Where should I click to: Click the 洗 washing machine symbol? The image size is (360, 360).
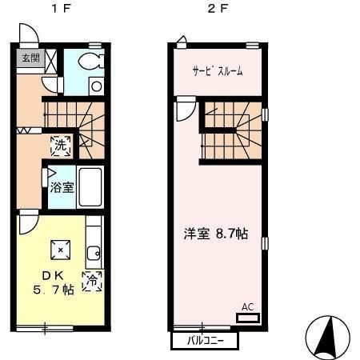click(61, 146)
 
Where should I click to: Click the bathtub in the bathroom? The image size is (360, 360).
click(90, 189)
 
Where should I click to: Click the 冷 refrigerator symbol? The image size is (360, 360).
click(93, 281)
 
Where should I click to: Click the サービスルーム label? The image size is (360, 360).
click(217, 70)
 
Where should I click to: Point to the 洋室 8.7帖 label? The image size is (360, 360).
click(216, 234)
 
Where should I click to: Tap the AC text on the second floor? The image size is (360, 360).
click(247, 306)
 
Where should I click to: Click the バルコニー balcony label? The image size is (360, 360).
click(205, 341)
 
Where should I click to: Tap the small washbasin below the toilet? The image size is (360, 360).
click(97, 86)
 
